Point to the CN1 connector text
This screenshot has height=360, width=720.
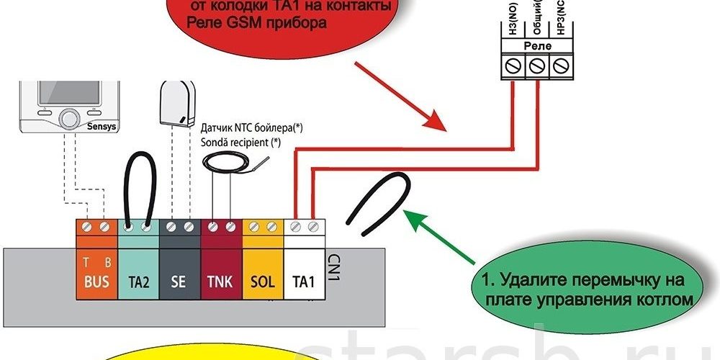[333, 266]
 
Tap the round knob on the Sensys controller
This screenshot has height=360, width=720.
[69, 117]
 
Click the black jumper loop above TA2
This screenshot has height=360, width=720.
[137, 189]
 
